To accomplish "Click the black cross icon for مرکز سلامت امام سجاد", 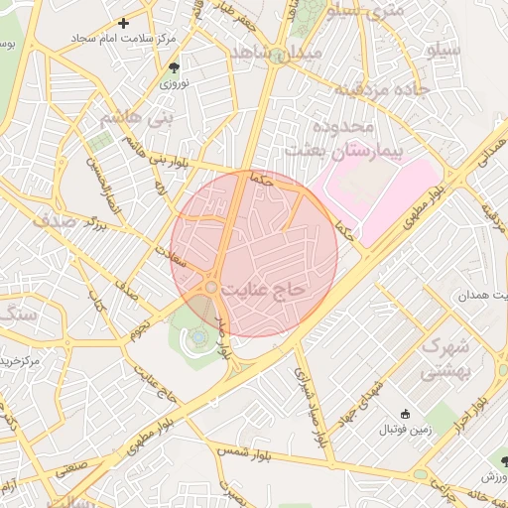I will pyautogui.click(x=123, y=22).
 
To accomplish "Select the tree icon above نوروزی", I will pyautogui.click(x=175, y=67).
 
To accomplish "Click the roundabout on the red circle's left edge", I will pyautogui.click(x=211, y=287).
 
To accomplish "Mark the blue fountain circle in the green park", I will pyautogui.click(x=198, y=337).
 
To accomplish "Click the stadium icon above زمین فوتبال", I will pyautogui.click(x=404, y=414).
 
